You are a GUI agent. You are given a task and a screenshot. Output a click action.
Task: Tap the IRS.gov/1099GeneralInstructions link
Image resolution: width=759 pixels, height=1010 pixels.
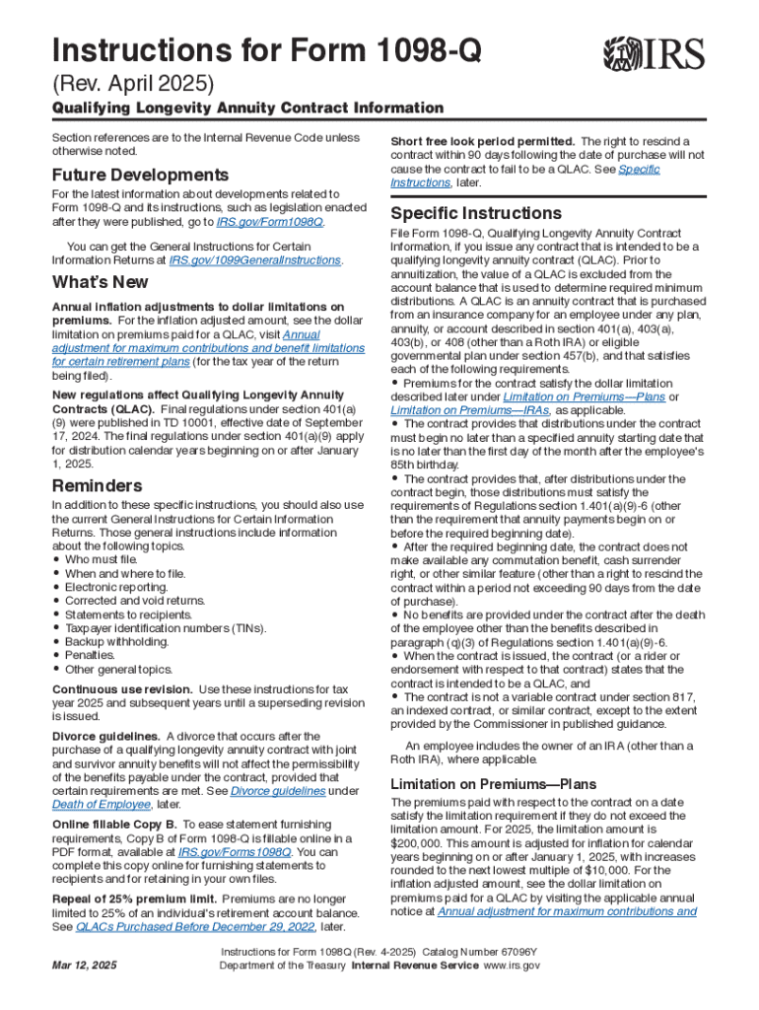[x=255, y=260]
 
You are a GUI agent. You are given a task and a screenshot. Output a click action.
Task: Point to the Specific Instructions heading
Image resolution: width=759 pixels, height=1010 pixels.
[x=476, y=213]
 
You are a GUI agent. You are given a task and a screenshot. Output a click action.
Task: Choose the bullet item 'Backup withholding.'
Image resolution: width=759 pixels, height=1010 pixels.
[x=116, y=641]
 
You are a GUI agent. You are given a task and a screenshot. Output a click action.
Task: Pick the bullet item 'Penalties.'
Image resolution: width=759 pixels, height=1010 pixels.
[x=93, y=655]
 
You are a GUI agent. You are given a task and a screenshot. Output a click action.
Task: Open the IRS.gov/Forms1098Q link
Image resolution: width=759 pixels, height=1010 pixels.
[x=235, y=851]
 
